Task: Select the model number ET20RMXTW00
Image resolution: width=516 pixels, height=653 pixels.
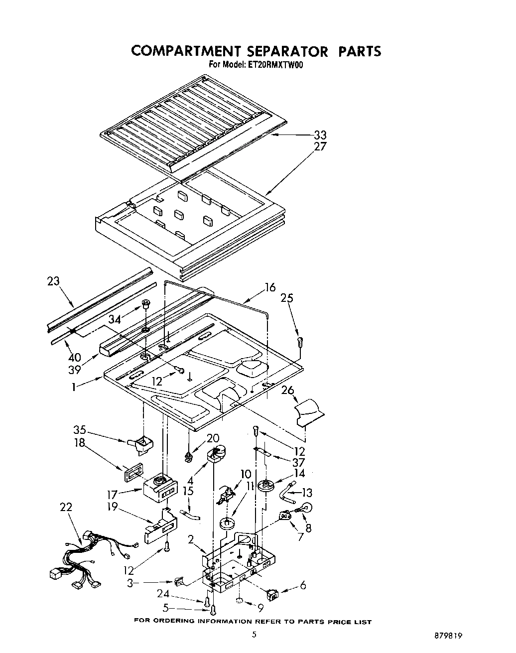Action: pos(275,64)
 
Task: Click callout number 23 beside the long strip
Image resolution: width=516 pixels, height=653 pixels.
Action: pos(53,281)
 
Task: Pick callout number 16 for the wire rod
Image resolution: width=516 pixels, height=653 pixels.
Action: pos(269,287)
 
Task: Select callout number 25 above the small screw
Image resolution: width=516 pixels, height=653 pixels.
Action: pos(286,298)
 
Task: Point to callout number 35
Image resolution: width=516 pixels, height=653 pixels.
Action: pos(80,430)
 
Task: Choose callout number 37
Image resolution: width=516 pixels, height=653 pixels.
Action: pos(298,463)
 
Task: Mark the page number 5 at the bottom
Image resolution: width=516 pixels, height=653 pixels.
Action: pos(255,635)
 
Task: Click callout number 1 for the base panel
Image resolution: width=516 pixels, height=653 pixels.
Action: pos(74,386)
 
